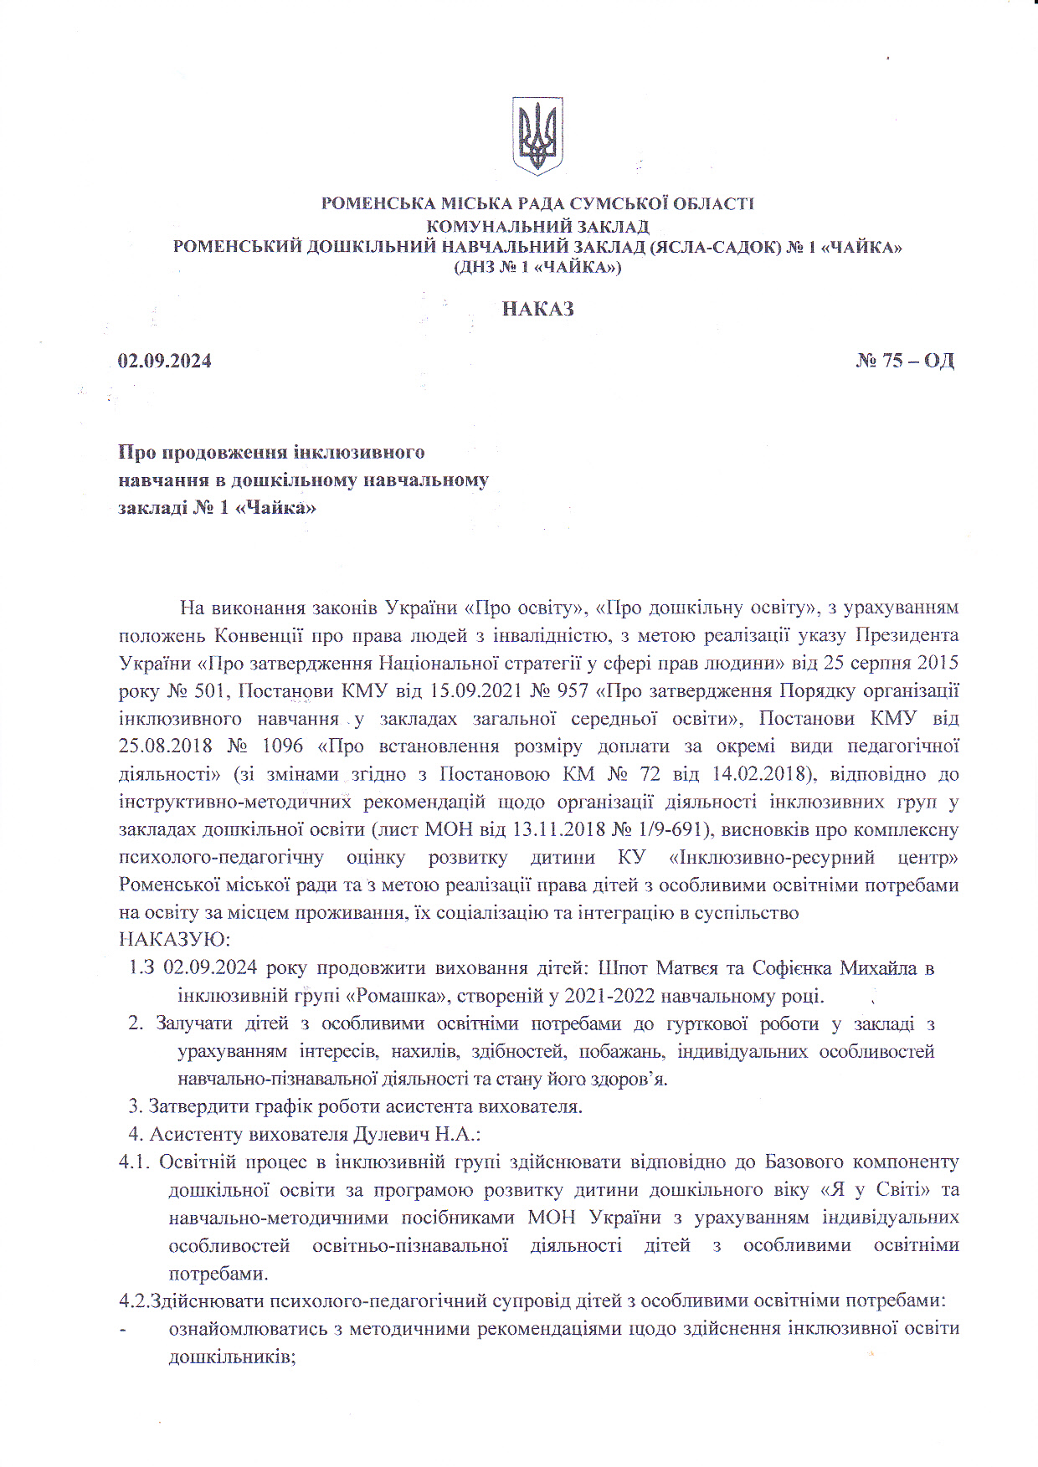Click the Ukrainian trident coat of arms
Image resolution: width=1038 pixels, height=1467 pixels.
point(537,135)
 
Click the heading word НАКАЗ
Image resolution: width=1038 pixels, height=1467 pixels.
point(537,309)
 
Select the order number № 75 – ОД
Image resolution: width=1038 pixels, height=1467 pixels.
point(905,361)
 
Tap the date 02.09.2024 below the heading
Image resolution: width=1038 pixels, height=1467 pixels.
point(165,362)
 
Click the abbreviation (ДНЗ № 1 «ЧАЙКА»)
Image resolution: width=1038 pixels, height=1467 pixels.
point(537,268)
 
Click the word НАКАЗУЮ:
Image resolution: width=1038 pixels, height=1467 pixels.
point(174,941)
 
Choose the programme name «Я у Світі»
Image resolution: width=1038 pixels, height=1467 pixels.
point(876,1190)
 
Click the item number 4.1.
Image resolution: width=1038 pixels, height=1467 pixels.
point(134,1162)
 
